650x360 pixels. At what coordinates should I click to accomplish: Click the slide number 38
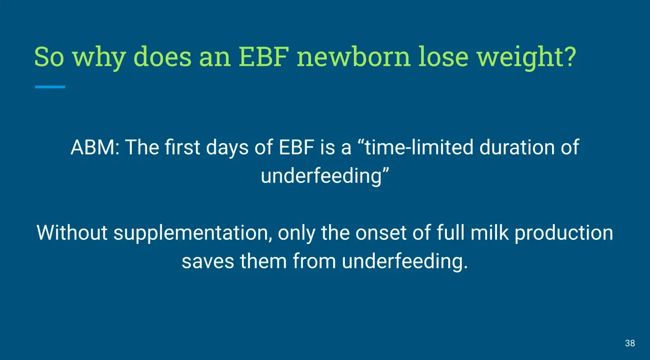coord(630,343)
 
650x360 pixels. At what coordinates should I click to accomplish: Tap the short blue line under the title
coord(50,87)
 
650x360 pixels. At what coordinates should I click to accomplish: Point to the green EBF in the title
coord(264,56)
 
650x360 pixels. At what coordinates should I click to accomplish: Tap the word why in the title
coord(99,58)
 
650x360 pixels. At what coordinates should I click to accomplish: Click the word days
coord(227,148)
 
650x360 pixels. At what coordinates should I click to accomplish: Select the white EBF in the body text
coord(297,147)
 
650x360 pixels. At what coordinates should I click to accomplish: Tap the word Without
coord(72,233)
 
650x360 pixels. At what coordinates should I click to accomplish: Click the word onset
coord(381,233)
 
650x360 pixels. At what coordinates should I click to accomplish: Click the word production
coord(564,234)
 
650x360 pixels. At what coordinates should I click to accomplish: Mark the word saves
coord(208,261)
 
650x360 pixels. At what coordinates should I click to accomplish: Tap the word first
coord(182,147)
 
